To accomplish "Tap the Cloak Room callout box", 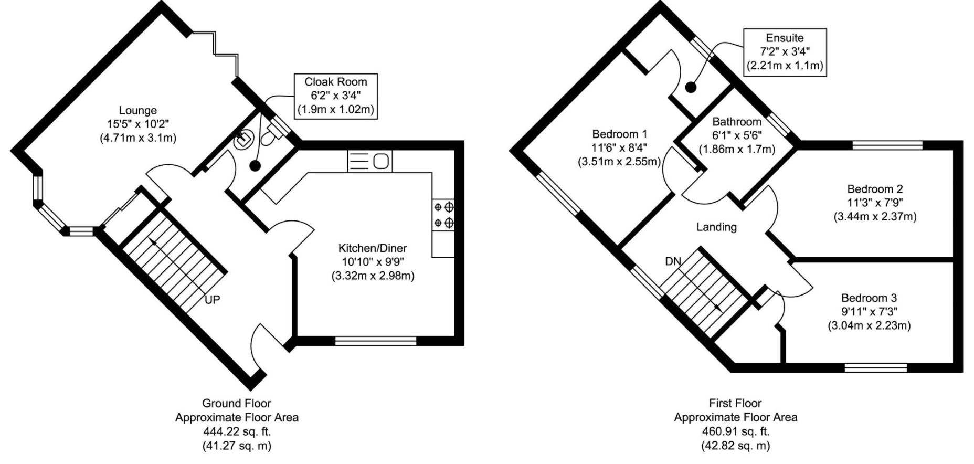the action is coord(335,96).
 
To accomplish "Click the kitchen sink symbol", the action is coord(369,161).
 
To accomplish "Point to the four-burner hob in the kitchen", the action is coord(443,215).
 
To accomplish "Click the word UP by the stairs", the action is coord(212,300).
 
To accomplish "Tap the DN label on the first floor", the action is coord(673,261).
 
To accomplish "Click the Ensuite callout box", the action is coord(785,52).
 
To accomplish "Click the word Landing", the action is coord(716,227).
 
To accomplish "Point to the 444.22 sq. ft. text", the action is coord(237,432).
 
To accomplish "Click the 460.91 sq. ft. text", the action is coord(735,432).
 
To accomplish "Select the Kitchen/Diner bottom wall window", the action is coord(376,341).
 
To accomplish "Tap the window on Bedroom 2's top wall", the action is coord(887,145).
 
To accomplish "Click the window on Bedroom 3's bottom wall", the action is coord(876,367).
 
